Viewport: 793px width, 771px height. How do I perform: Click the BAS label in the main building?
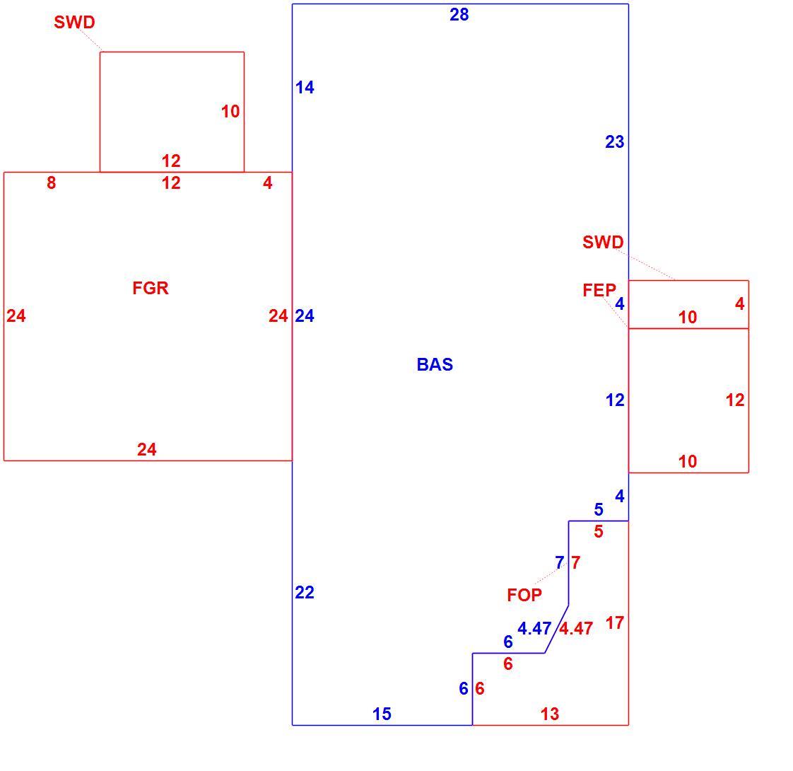click(435, 364)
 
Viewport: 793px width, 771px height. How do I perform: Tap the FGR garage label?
click(151, 288)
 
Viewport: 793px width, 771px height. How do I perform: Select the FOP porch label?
click(524, 595)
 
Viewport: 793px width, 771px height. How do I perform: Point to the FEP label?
click(599, 291)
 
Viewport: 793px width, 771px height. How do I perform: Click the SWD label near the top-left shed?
click(74, 22)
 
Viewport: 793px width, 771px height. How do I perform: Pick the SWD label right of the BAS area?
click(603, 243)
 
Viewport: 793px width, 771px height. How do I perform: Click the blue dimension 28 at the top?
click(459, 15)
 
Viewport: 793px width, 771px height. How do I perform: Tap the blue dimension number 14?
click(305, 88)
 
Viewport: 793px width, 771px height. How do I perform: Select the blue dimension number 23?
click(614, 142)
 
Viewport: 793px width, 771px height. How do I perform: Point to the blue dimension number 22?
click(305, 592)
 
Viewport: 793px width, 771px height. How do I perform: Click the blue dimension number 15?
click(382, 714)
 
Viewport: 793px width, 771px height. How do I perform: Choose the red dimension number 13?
click(550, 714)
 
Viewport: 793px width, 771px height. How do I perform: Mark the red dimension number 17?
click(614, 623)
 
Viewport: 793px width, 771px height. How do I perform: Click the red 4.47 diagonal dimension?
click(575, 629)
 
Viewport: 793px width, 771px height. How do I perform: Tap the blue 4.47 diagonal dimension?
click(534, 629)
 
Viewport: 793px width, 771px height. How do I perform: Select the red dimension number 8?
click(51, 182)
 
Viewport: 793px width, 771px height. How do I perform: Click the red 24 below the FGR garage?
click(147, 450)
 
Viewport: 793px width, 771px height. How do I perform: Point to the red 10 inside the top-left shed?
click(230, 111)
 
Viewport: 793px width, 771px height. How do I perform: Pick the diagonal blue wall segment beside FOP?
click(556, 630)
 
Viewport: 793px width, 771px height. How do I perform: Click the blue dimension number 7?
click(559, 562)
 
